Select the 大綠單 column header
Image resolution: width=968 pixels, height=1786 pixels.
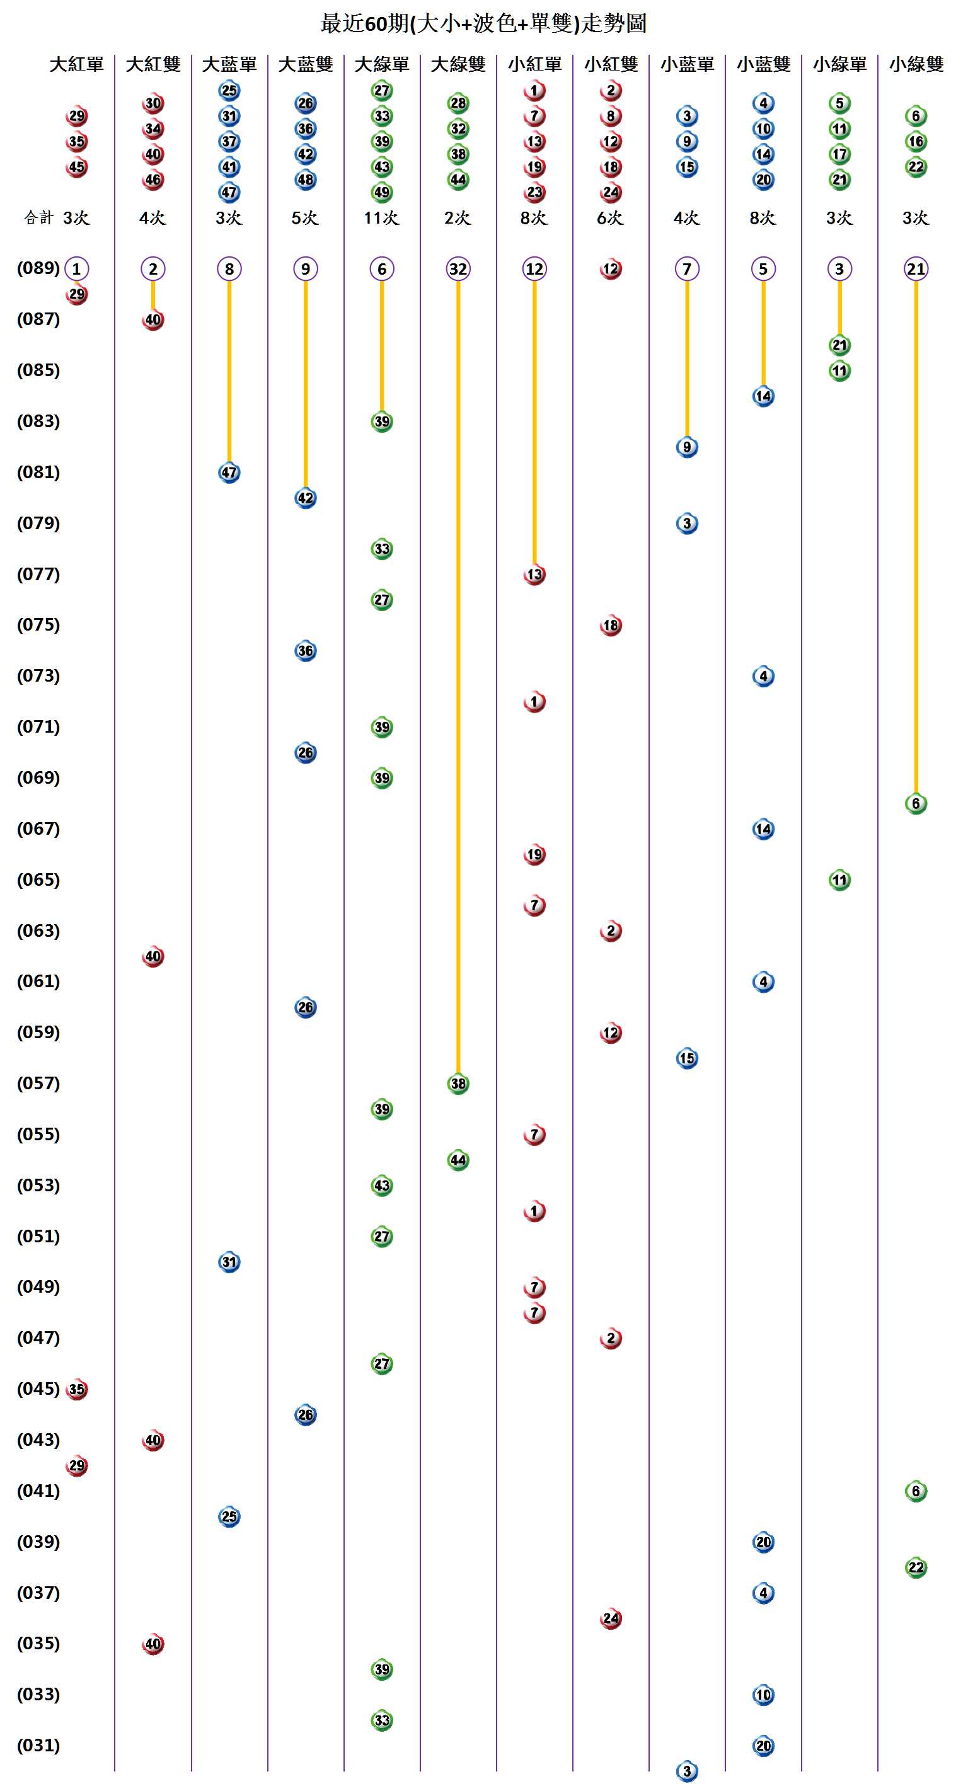381,64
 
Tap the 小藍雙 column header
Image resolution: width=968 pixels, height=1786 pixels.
763,64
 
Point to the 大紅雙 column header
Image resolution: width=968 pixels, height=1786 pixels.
153,64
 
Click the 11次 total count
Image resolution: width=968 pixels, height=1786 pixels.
381,218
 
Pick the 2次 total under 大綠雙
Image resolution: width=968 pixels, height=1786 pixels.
458,218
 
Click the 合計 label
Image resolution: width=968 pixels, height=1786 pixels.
38,218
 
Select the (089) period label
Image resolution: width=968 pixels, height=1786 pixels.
38,268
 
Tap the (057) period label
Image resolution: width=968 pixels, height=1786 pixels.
38,1083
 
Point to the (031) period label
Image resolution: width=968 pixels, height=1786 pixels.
38,1745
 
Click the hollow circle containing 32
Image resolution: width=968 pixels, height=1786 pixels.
458,269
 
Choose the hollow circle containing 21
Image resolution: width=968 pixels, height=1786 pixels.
916,269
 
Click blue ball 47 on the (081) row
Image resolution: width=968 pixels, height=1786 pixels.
229,473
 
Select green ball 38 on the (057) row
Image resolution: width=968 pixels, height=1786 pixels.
458,1084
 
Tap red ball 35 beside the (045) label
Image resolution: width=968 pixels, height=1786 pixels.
76,1389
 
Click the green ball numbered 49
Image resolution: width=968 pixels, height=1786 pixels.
381,192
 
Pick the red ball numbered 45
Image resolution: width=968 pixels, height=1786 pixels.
76,167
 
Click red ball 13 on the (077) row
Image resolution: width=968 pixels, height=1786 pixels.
534,575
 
